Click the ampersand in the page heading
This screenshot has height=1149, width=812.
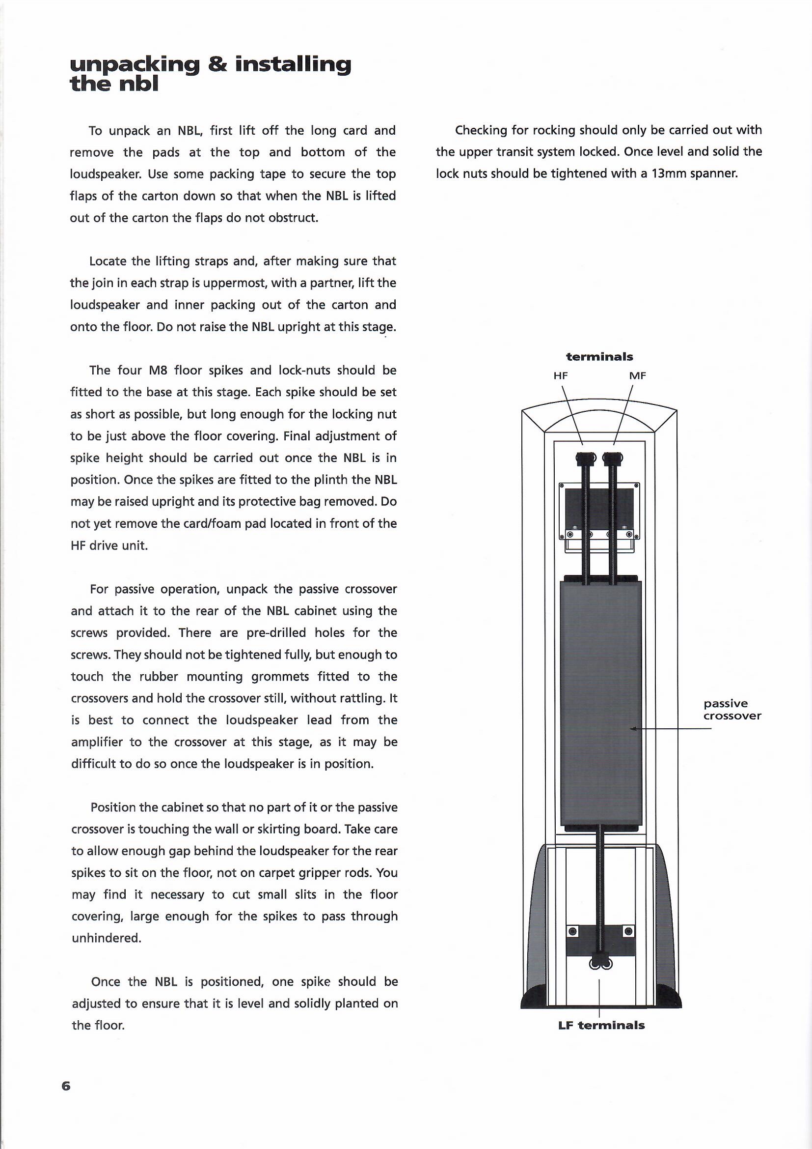pos(216,65)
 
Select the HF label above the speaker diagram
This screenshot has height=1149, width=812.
pos(561,376)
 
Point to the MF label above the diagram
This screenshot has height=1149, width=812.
pos(638,376)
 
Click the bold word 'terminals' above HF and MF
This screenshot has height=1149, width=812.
pos(599,357)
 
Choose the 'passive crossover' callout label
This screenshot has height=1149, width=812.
pos(732,710)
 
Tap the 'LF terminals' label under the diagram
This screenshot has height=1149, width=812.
pos(601,1025)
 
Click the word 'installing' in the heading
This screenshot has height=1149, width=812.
pos(293,65)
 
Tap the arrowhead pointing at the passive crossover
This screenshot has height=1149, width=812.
pos(633,729)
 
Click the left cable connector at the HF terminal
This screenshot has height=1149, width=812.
pos(586,458)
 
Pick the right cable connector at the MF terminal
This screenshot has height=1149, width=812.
pos(613,458)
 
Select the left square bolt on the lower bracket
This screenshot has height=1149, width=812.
pos(573,931)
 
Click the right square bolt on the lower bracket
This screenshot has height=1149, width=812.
pos(629,931)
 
